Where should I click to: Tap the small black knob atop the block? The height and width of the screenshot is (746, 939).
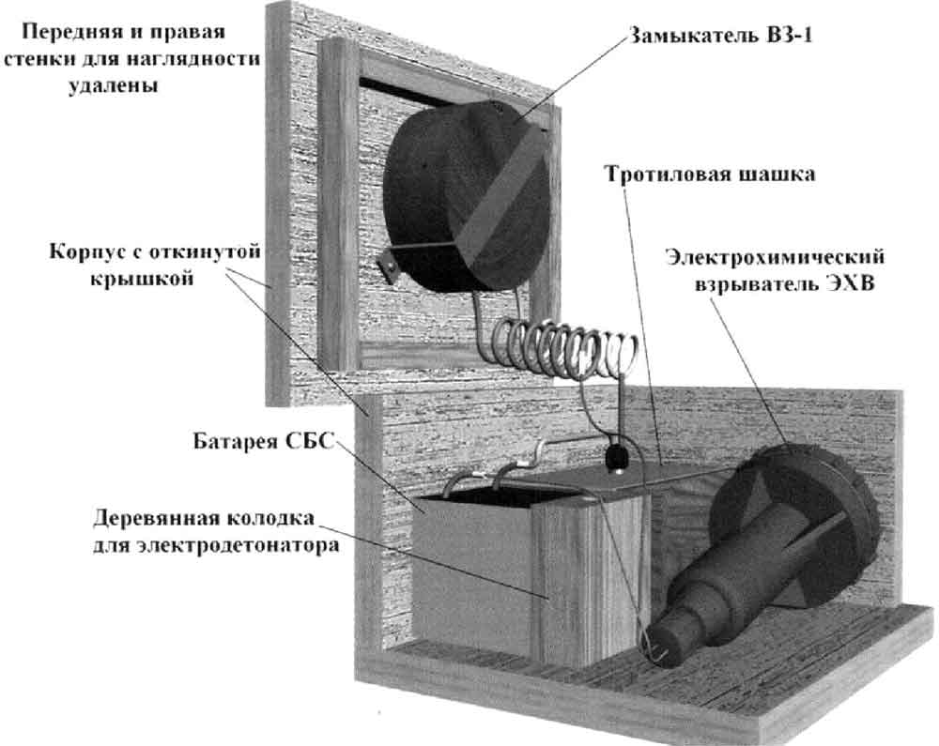[x=617, y=458]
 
